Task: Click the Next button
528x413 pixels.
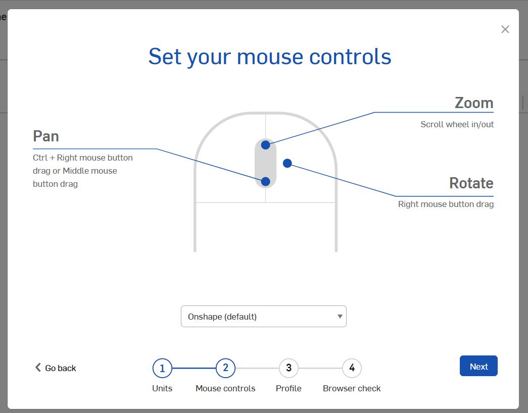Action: tap(478, 366)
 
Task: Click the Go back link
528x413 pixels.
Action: tap(56, 368)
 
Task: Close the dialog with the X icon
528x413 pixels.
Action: tap(505, 29)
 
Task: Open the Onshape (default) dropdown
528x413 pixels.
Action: tap(264, 317)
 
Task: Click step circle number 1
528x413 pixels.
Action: tap(162, 368)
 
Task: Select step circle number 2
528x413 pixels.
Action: tap(226, 368)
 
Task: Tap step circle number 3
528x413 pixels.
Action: tap(289, 368)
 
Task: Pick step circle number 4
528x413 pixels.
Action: tap(352, 368)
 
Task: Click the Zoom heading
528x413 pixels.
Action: tap(474, 102)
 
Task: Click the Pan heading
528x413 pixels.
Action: tap(46, 136)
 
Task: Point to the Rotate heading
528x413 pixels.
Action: tap(471, 183)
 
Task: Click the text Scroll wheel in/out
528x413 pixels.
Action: tap(457, 124)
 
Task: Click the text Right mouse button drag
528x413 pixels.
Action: tap(446, 204)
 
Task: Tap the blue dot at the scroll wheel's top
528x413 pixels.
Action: tap(265, 145)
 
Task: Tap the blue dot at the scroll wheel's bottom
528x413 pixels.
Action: tap(265, 181)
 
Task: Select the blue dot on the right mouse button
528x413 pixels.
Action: tap(287, 163)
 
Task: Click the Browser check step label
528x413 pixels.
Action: tap(352, 388)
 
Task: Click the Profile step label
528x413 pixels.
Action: tap(289, 388)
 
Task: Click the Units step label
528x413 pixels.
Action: tap(162, 388)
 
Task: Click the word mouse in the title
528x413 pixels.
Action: tap(270, 57)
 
